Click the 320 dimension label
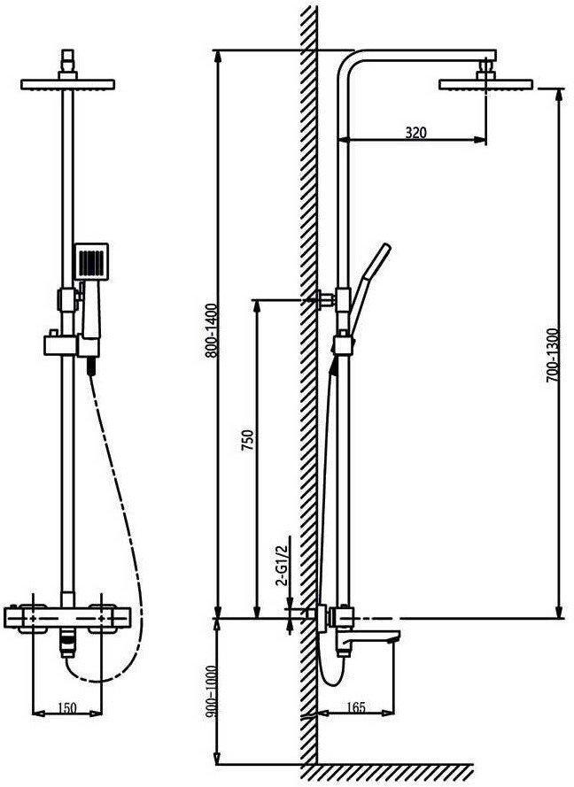click(x=415, y=133)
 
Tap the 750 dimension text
click(x=247, y=441)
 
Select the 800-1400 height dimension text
click(x=212, y=330)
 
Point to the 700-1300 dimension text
click(x=553, y=355)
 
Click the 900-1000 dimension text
click(x=211, y=691)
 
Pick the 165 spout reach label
click(x=355, y=707)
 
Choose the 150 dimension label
click(x=66, y=707)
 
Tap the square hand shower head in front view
click(x=91, y=261)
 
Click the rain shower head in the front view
click(x=68, y=84)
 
